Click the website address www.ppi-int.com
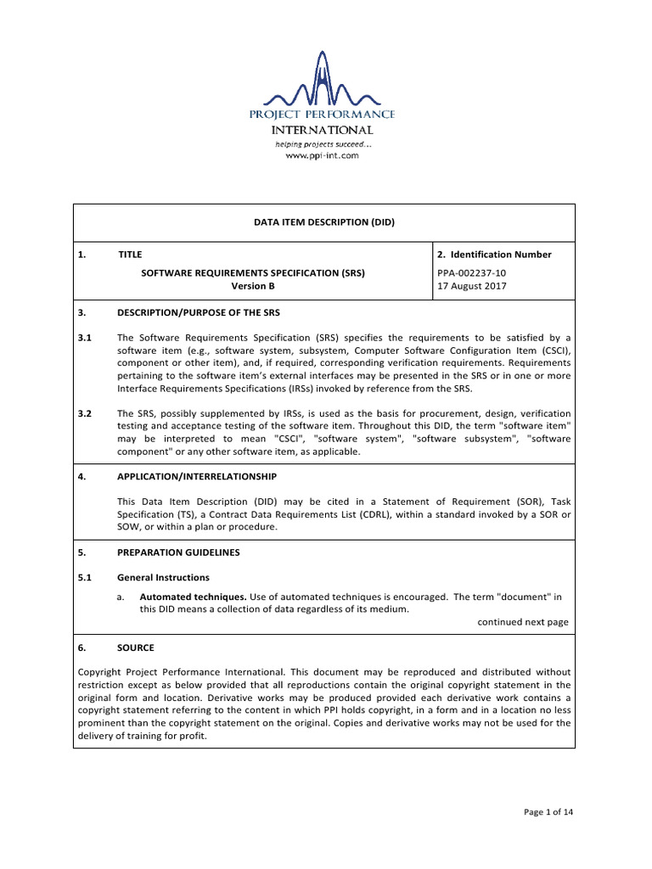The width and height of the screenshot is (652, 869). coord(322,155)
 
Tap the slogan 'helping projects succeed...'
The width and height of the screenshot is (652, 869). coord(322,144)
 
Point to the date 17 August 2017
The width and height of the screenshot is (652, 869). coord(473,286)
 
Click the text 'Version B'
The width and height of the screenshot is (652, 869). coord(254,286)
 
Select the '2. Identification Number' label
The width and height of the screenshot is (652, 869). coord(493,255)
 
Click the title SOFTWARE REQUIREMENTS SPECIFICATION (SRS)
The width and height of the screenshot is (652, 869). coord(254,273)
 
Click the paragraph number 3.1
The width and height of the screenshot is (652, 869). coord(83,337)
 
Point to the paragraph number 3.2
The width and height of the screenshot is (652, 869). coord(83,413)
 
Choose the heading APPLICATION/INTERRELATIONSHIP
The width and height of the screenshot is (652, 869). coord(196,476)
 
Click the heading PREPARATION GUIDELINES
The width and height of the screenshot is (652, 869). coord(178,552)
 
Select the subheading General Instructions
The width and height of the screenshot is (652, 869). coord(163,577)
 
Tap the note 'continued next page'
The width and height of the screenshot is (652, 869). coord(522,622)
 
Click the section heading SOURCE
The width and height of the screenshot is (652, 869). coord(136,648)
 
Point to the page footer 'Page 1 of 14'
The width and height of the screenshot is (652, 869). coord(548,812)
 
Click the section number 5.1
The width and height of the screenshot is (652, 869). coord(83,577)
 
